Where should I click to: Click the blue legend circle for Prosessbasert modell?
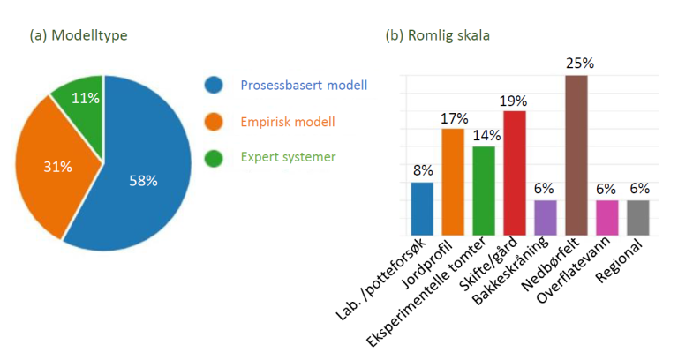tap(214, 86)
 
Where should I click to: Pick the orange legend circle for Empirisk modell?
tap(214, 122)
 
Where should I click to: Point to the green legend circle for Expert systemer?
tap(214, 157)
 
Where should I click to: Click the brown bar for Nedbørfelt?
tap(576, 155)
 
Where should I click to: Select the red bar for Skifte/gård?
tap(515, 173)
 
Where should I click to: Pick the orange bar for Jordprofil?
tap(453, 182)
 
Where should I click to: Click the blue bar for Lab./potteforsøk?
tap(422, 209)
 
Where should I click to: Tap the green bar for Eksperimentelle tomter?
tap(484, 191)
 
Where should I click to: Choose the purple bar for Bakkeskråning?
tap(546, 218)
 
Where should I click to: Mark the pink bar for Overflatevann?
tap(607, 218)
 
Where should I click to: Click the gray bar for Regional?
tap(638, 218)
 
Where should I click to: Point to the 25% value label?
tap(577, 64)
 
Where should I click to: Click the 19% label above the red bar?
tap(515, 100)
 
